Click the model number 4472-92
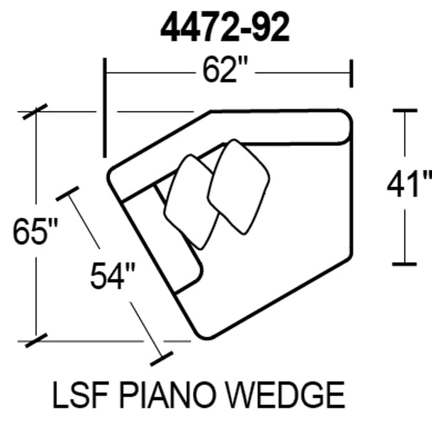[225, 28]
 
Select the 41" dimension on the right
[408, 185]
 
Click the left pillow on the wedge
[190, 201]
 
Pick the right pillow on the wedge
[238, 185]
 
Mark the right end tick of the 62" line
[352, 73]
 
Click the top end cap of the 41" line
[405, 110]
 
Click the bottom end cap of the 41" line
[405, 263]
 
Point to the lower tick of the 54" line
[161, 358]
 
